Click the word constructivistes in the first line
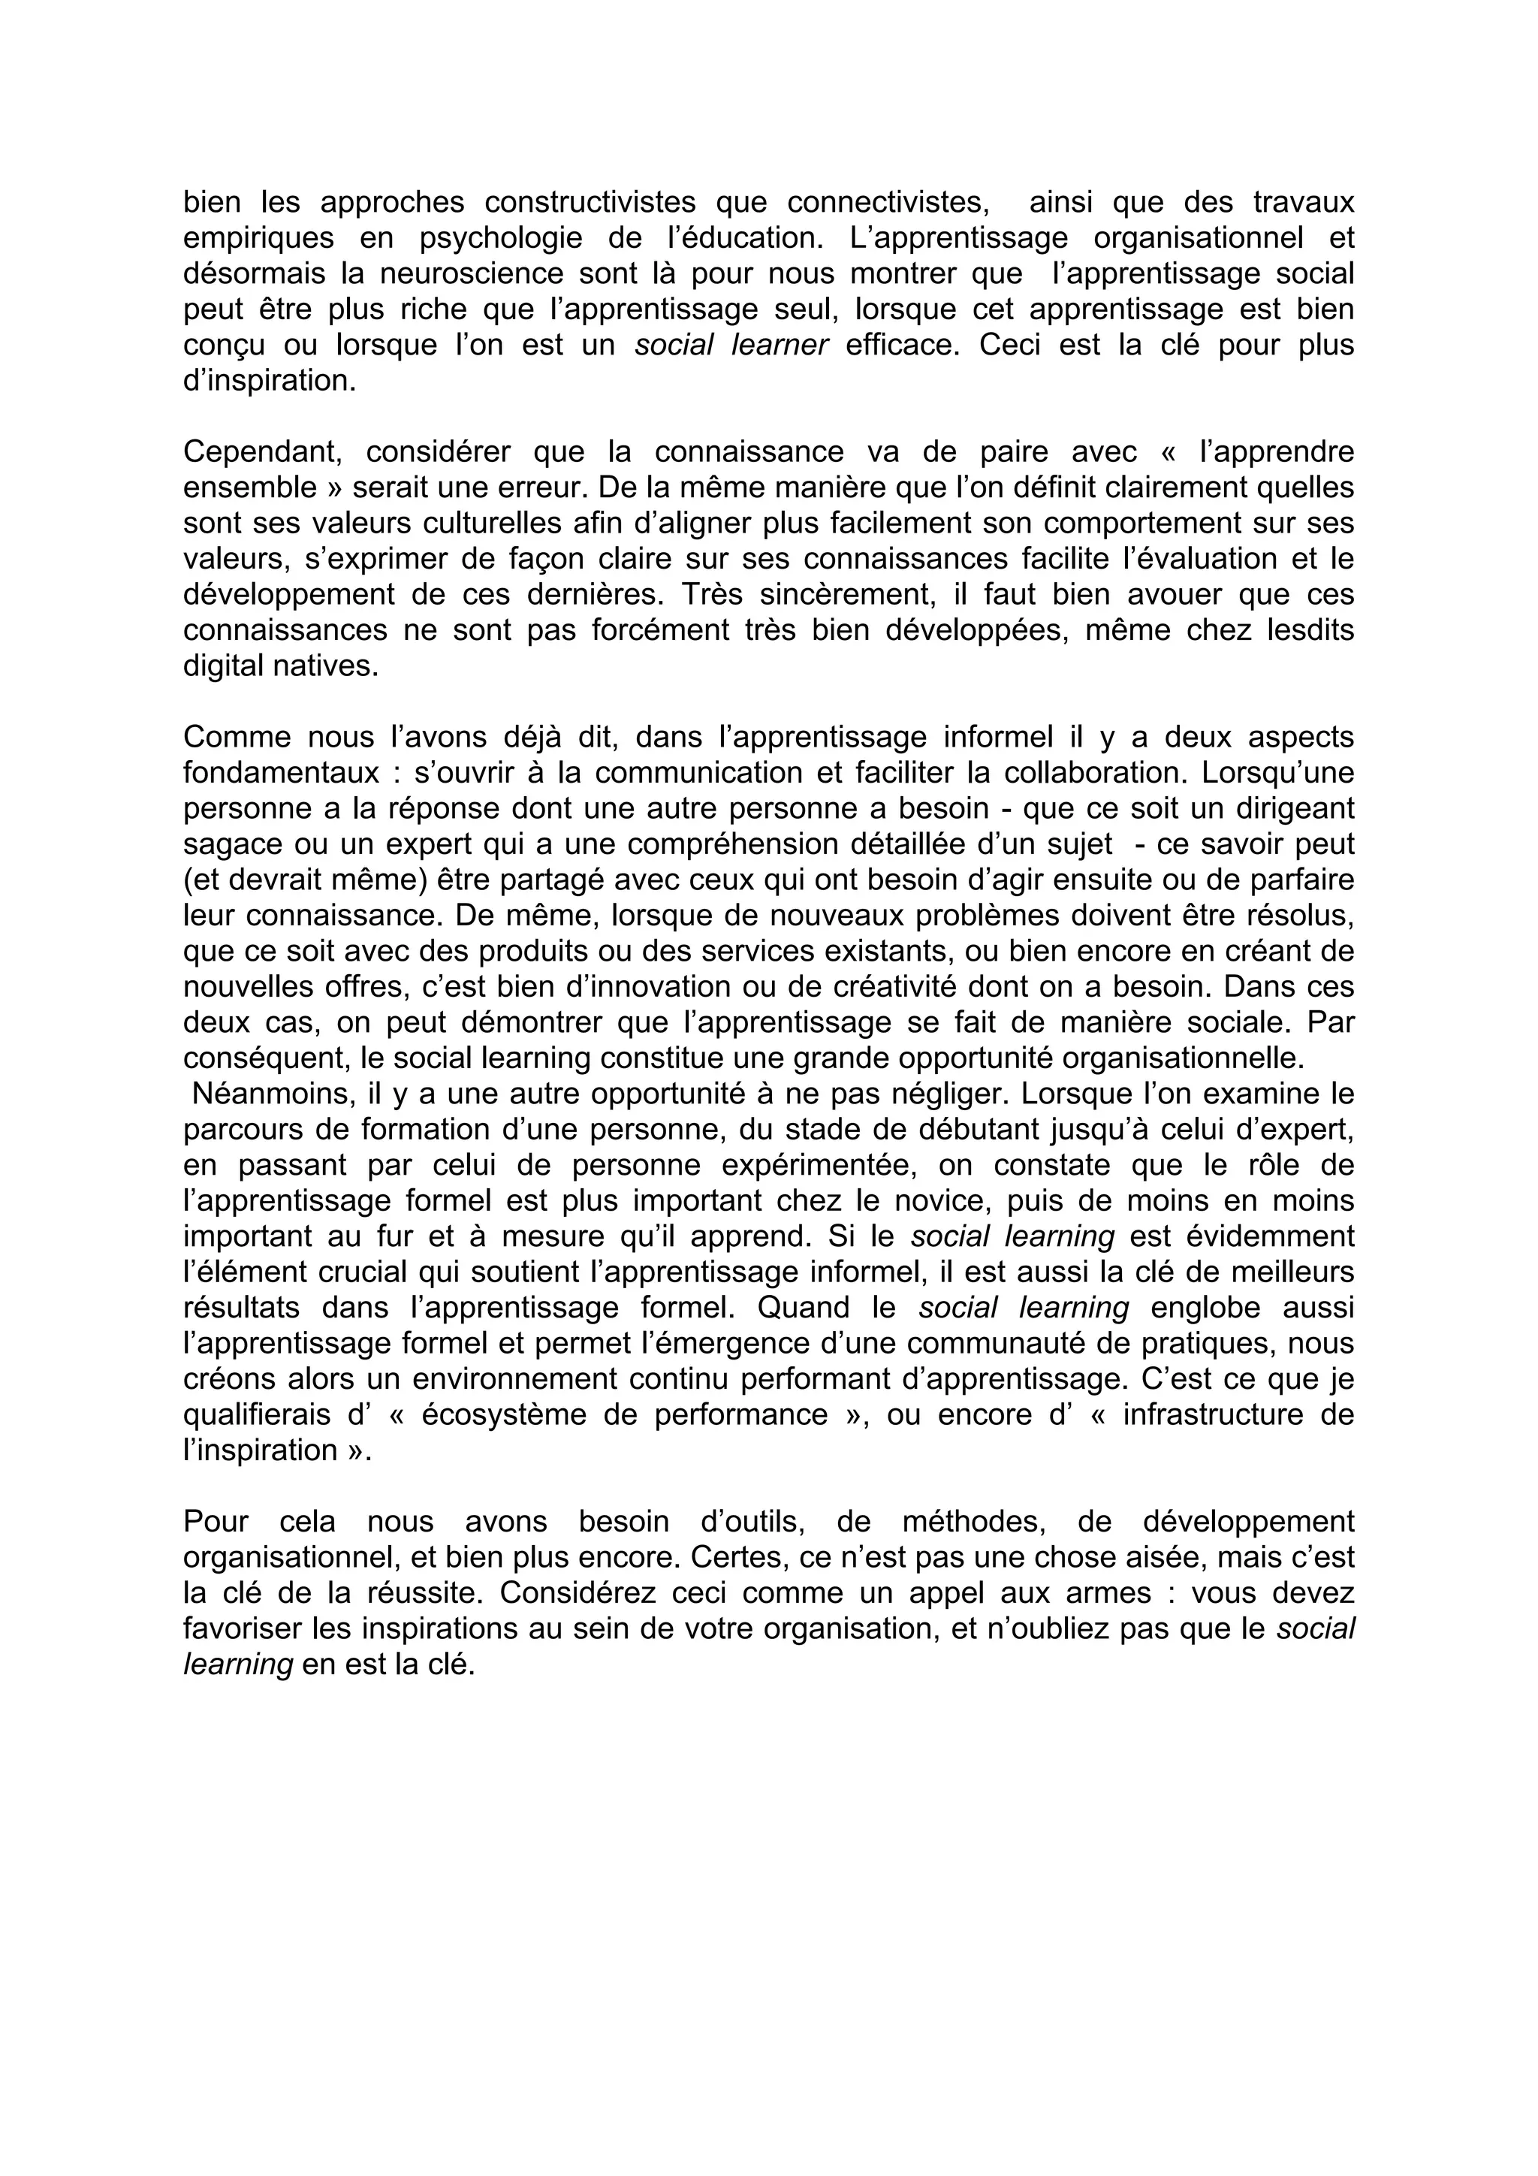point(591,202)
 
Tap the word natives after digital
point(333,667)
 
